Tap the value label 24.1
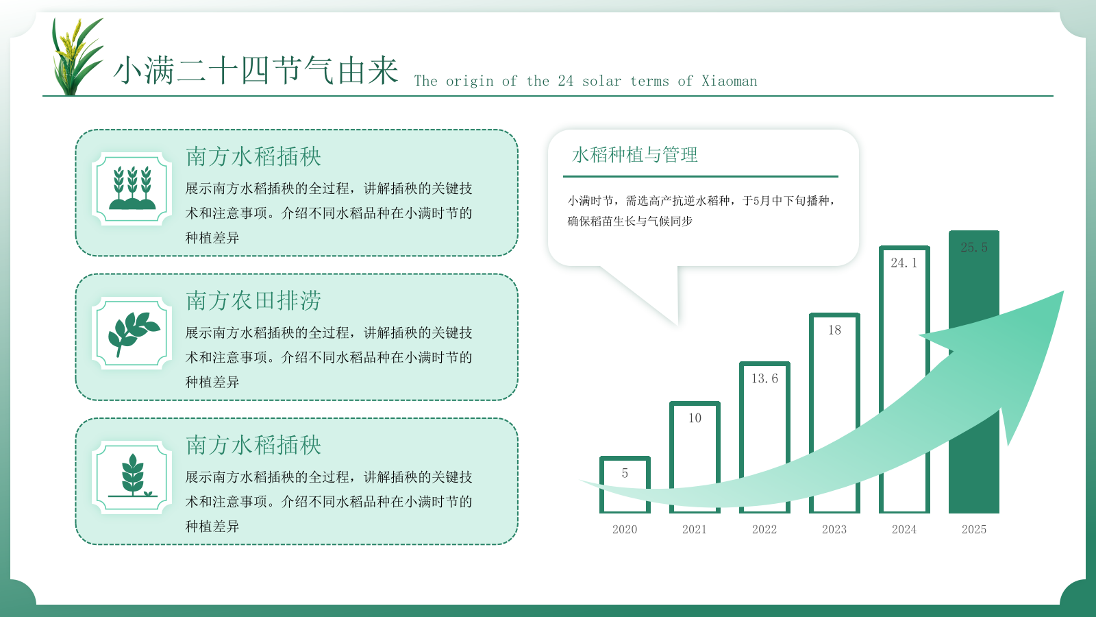(904, 263)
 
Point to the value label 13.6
(764, 378)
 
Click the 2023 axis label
(834, 529)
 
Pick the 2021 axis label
(694, 529)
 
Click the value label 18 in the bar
(834, 330)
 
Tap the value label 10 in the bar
(695, 418)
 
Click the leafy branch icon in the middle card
(132, 333)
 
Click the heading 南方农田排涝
(253, 300)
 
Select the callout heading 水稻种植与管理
(634, 155)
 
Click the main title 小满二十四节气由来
(256, 71)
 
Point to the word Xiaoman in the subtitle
(729, 81)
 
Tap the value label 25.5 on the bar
(973, 247)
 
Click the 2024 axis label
(904, 529)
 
